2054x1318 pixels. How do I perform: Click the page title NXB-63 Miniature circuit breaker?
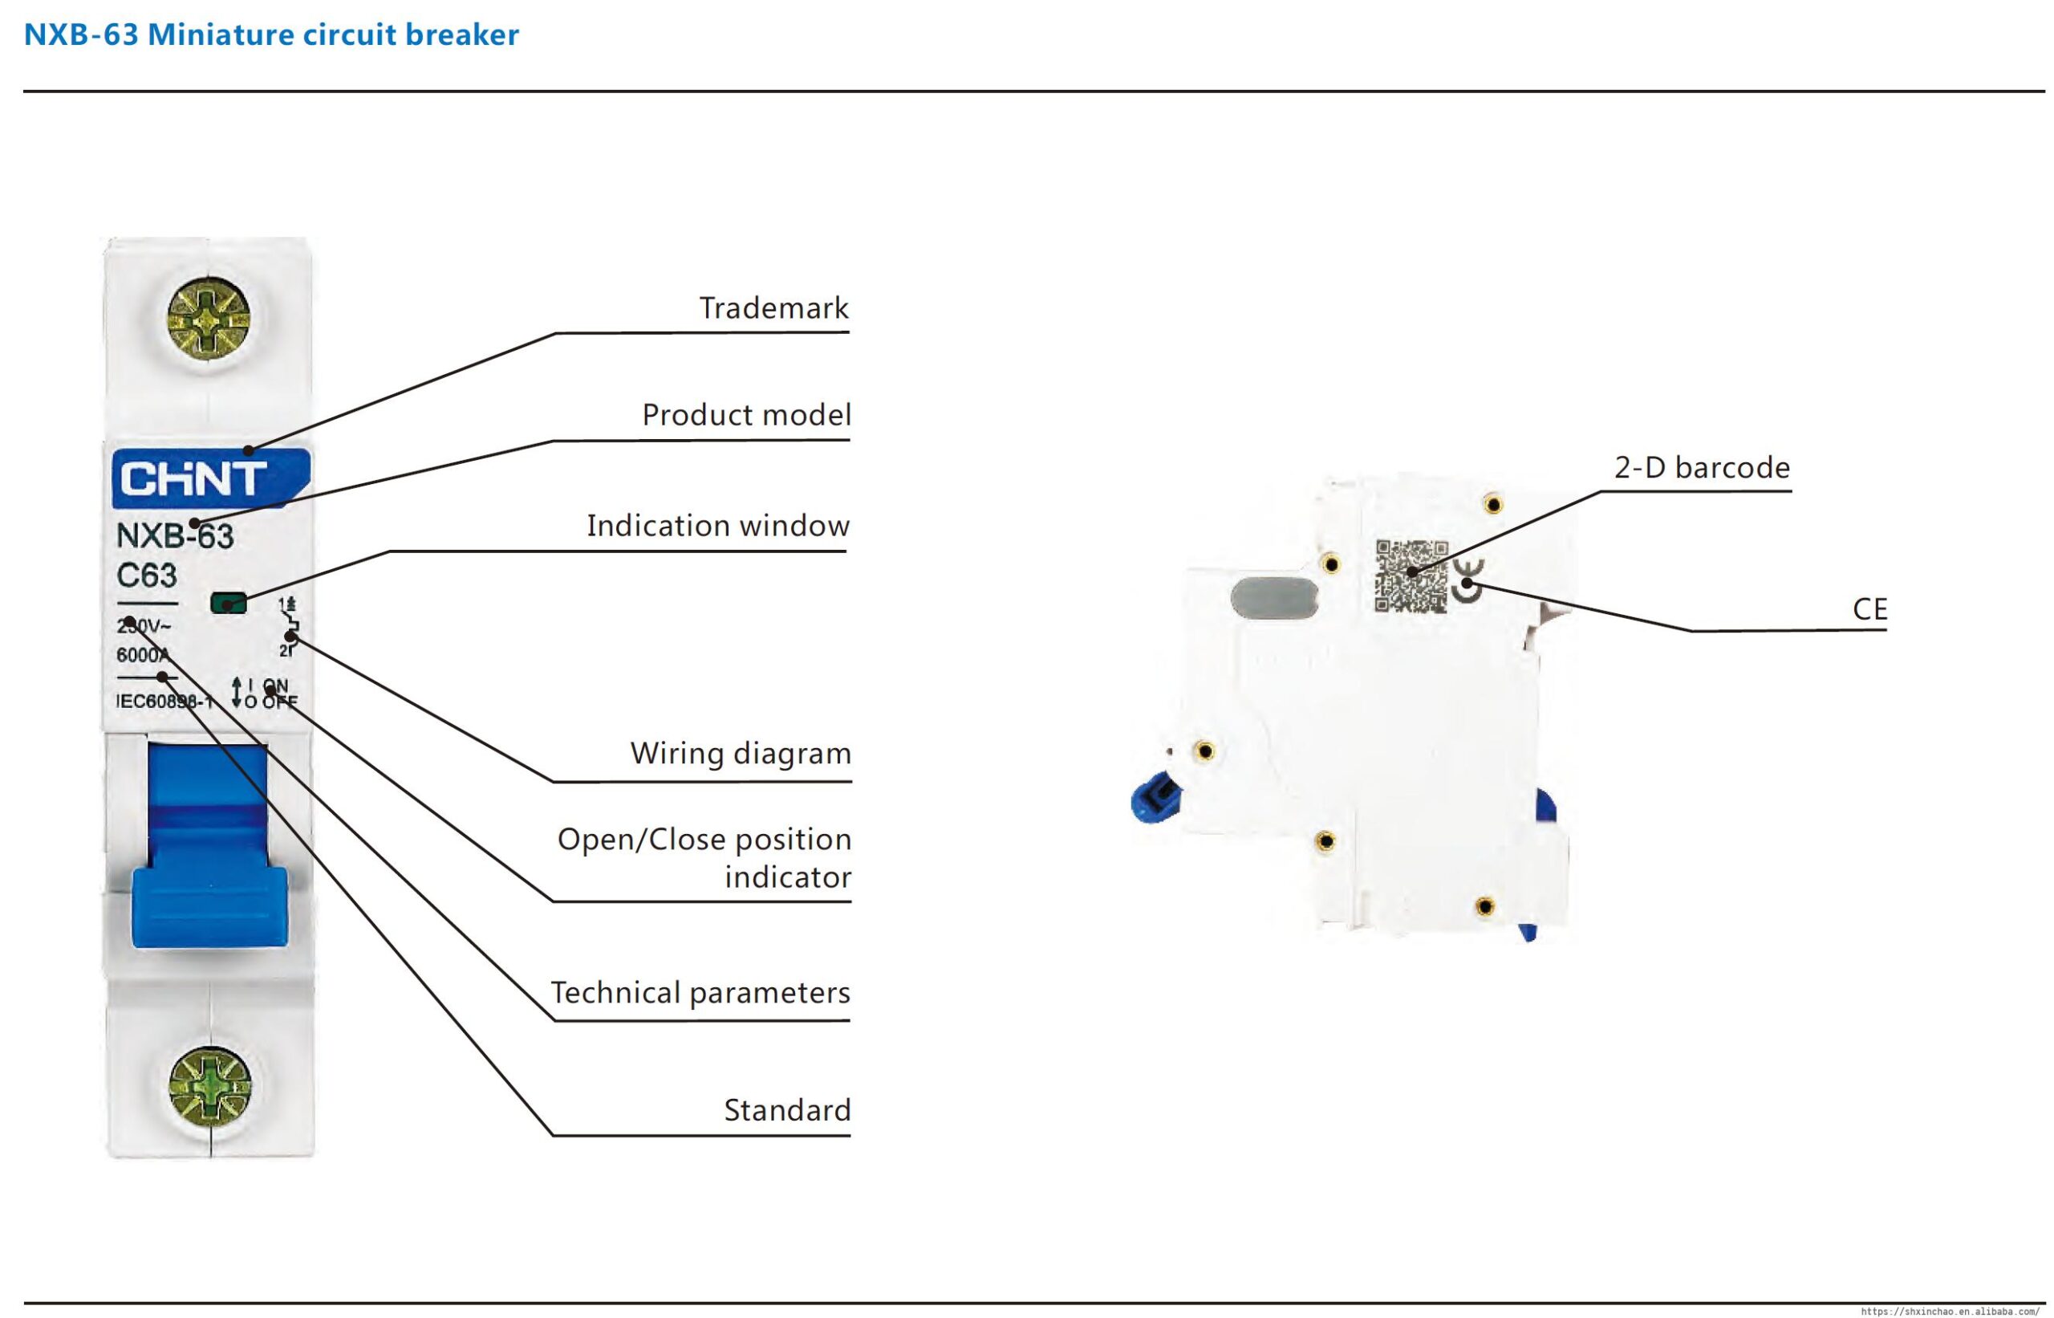pos(271,35)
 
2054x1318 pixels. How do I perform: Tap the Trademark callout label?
pos(773,308)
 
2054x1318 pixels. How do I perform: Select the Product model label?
pos(746,415)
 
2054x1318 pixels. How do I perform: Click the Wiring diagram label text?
pos(741,753)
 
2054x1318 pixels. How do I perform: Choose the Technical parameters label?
pos(700,993)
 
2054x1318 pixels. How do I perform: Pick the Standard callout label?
pos(787,1110)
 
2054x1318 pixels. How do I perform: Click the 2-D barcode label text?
pos(1702,467)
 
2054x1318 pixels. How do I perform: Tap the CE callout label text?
pos(1869,609)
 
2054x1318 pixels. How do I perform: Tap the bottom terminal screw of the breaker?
pos(210,1087)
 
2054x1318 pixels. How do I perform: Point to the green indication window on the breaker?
pos(229,604)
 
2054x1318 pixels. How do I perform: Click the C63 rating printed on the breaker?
pos(146,576)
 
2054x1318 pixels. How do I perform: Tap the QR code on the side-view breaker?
pos(1411,576)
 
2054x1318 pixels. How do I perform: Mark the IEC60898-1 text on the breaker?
pos(164,702)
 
